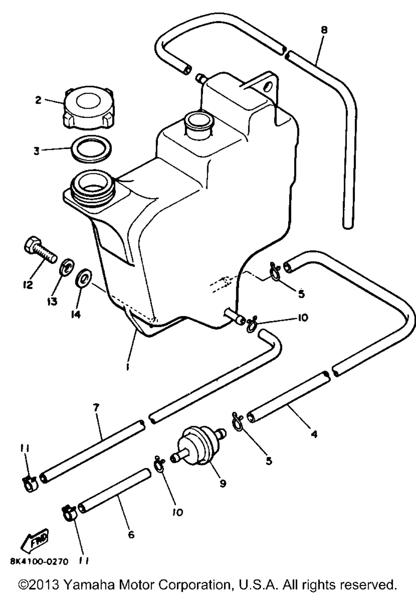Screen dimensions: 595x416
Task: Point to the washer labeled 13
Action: click(x=65, y=268)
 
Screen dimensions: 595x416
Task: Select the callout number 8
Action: click(x=324, y=30)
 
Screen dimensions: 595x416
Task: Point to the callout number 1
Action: click(x=128, y=366)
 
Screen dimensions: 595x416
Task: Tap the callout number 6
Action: click(x=131, y=534)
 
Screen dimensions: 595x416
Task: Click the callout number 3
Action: click(x=37, y=151)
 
